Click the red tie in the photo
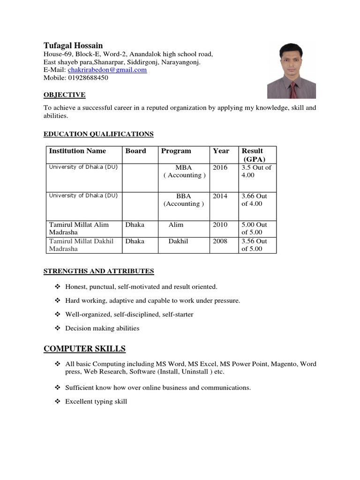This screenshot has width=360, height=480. [293, 90]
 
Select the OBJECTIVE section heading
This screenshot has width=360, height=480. [64, 95]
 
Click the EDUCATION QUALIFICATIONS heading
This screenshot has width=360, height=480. [98, 134]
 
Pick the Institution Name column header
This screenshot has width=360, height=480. [77, 151]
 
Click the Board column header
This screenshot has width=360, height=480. [135, 151]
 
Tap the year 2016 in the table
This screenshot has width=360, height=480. [220, 168]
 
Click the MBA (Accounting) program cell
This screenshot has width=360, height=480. [184, 172]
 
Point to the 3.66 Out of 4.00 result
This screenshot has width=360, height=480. [255, 200]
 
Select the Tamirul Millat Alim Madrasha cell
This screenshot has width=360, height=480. [79, 228]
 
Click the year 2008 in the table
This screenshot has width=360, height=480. [220, 241]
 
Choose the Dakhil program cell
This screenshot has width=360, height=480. [178, 241]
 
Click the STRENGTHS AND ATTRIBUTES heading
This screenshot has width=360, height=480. [98, 271]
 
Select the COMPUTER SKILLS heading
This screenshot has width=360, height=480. [84, 349]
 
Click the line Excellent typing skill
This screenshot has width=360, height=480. [96, 402]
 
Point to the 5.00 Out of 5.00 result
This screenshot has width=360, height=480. [255, 228]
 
